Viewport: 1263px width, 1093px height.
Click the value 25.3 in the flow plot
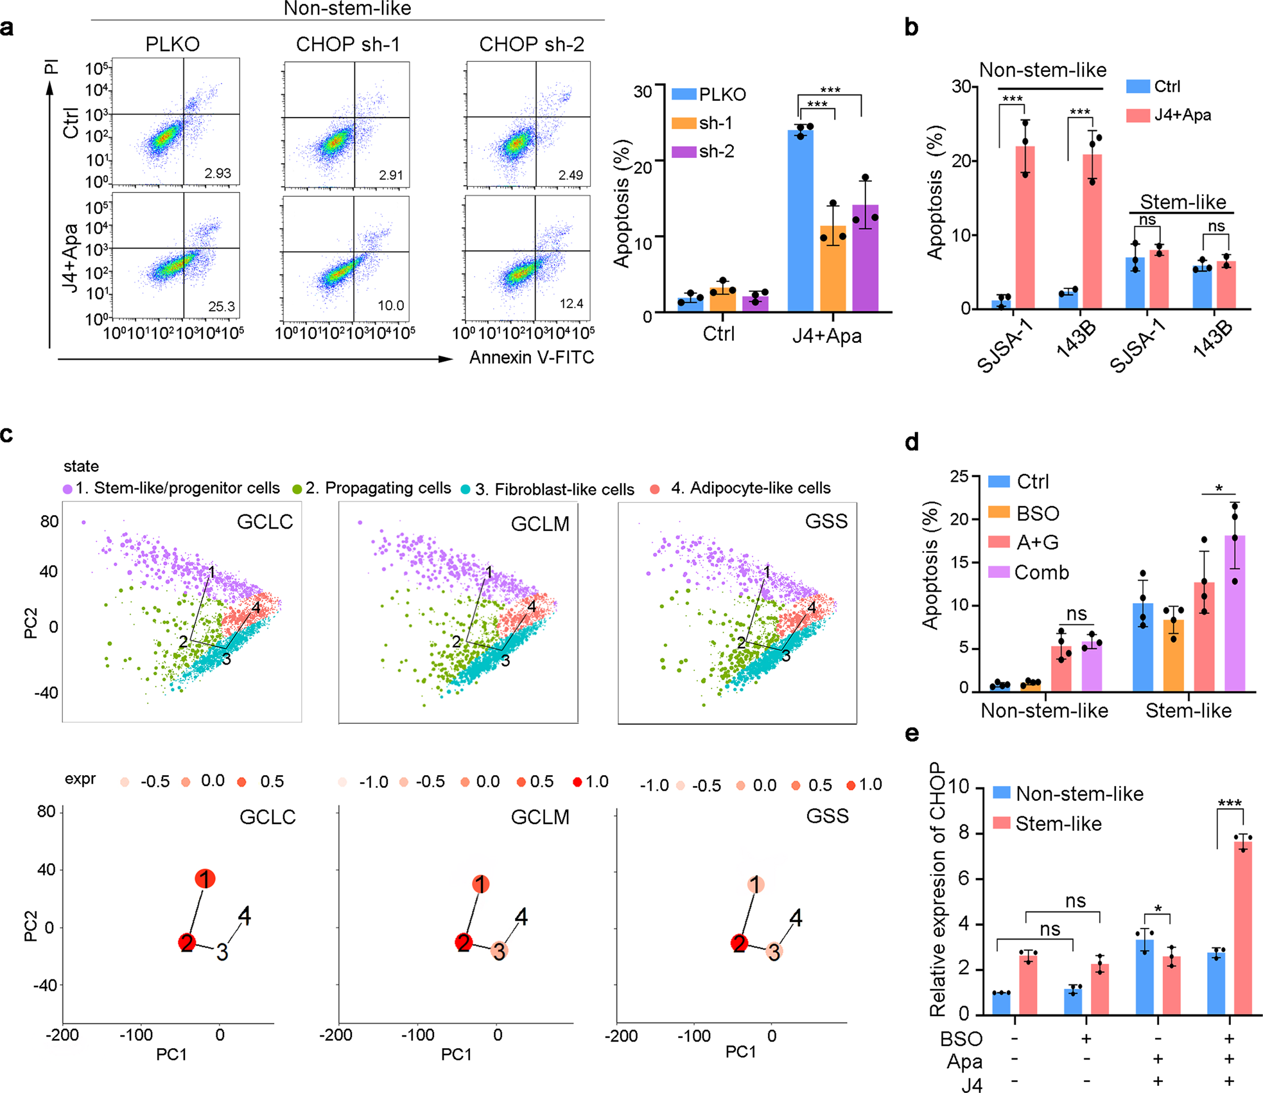coord(222,306)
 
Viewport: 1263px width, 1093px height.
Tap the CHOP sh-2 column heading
coord(532,44)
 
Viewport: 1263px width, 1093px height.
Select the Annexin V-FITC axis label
coord(532,357)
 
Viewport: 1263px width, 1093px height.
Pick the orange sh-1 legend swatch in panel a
coord(684,123)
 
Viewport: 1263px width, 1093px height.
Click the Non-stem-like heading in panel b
coord(1042,70)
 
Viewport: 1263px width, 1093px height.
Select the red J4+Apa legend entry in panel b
coord(1169,115)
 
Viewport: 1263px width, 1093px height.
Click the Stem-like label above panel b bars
coord(1183,202)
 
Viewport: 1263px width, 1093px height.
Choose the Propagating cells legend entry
coord(372,488)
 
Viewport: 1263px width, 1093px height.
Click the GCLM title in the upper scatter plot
coord(540,524)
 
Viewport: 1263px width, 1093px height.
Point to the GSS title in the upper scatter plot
coord(826,521)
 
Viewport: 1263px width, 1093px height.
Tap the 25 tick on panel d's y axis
coord(959,476)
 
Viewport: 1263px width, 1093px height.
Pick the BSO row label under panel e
coord(961,1038)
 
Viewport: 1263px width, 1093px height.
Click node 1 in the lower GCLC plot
coord(205,879)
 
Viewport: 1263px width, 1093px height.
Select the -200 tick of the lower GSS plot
coord(621,1035)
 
